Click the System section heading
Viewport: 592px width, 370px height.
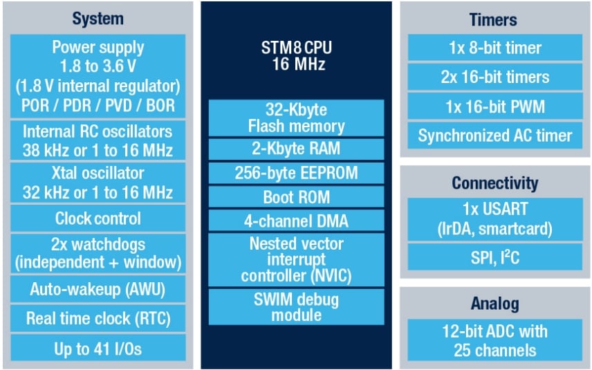click(97, 18)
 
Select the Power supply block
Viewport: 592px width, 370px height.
click(97, 77)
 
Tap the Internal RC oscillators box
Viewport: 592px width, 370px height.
click(97, 140)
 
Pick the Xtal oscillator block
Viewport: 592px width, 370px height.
click(97, 183)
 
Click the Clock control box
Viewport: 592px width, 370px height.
click(97, 219)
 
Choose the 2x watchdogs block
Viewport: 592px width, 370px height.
click(97, 254)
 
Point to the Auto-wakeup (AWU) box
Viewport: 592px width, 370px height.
click(97, 289)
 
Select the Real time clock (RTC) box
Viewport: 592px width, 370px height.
click(97, 319)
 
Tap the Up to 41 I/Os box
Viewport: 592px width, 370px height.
click(97, 349)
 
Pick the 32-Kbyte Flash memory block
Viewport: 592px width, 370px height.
click(296, 118)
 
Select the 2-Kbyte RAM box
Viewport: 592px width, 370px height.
click(296, 148)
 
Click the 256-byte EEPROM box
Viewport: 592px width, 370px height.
click(296, 172)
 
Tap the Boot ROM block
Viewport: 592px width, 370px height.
click(296, 196)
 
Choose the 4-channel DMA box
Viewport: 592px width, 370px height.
click(296, 221)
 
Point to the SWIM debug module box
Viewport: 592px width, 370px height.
click(296, 306)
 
